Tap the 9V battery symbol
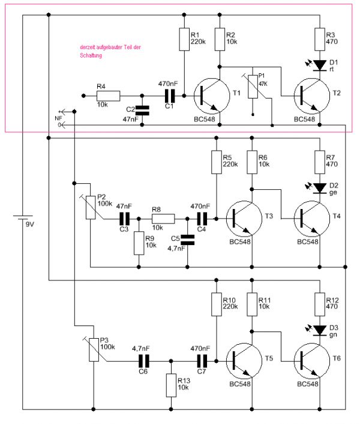click(x=23, y=216)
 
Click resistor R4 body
click(x=109, y=95)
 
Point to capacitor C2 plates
click(x=142, y=110)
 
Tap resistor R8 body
click(x=163, y=219)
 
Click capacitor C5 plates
click(x=187, y=240)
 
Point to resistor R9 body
click(x=139, y=243)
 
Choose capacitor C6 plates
click(x=143, y=360)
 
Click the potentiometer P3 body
click(x=94, y=350)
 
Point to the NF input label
click(x=58, y=118)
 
